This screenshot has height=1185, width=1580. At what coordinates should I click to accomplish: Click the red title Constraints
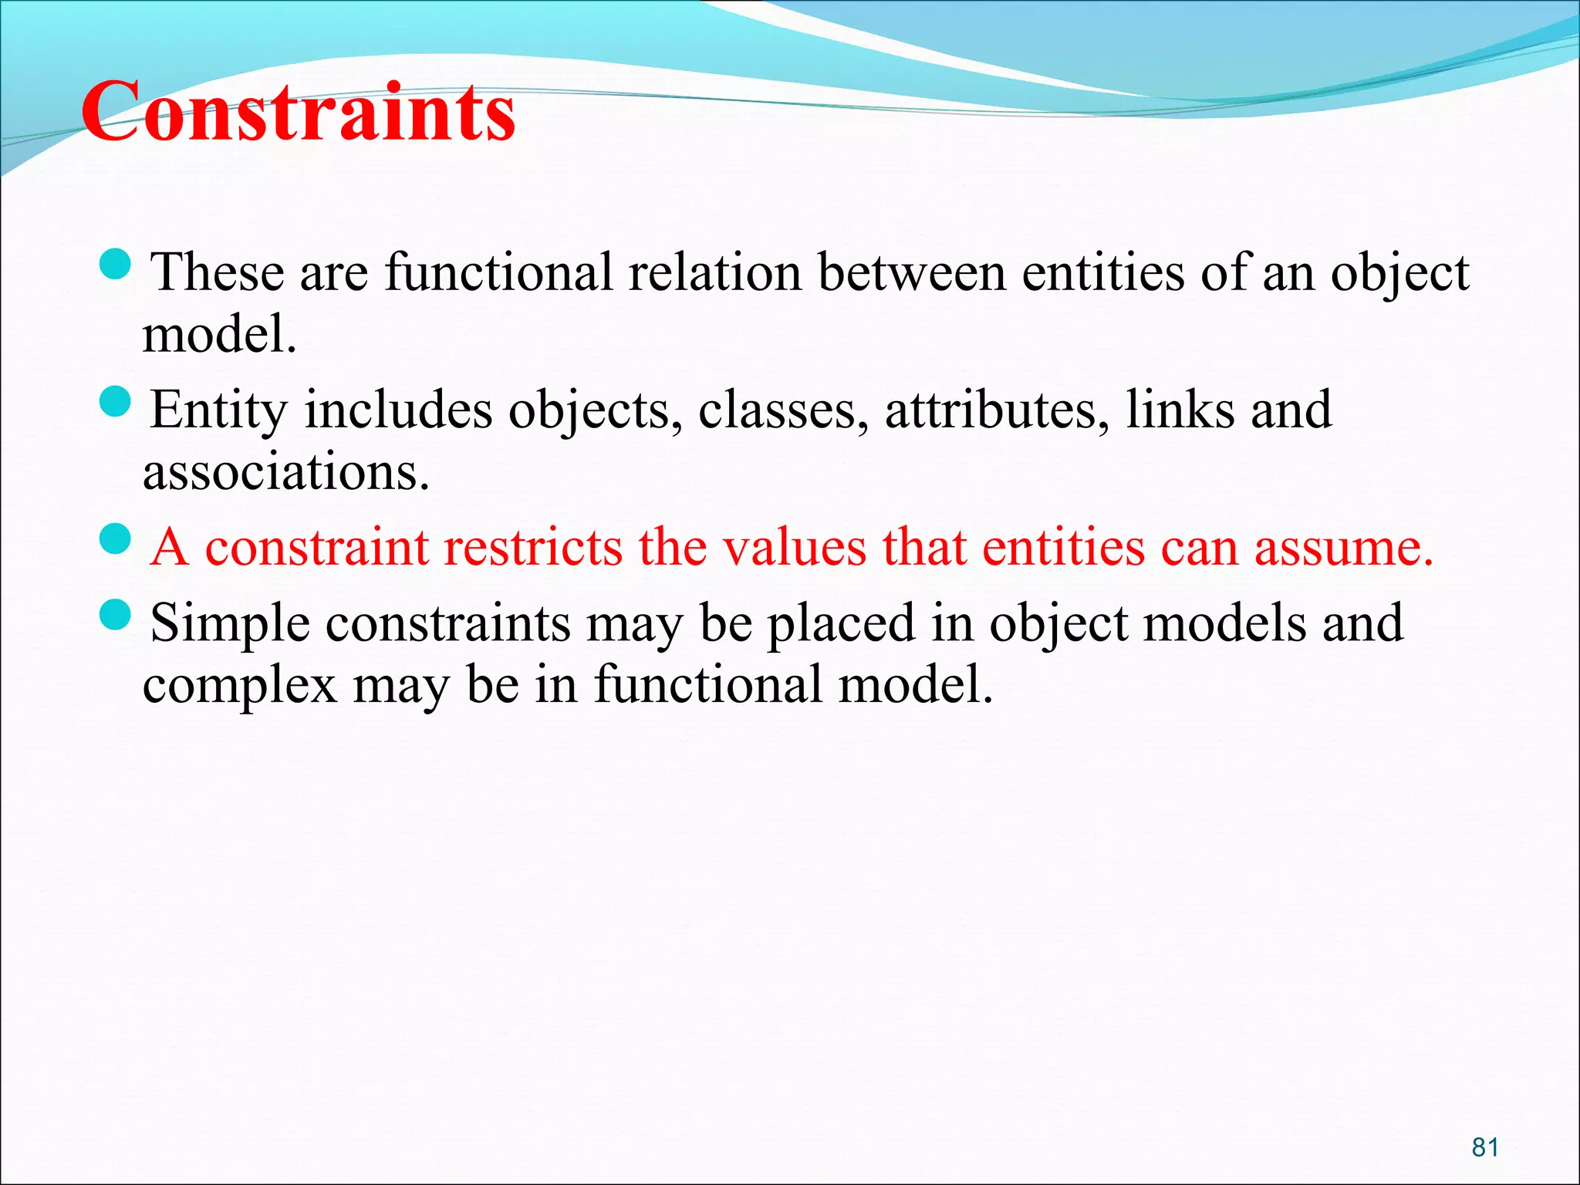coord(298,113)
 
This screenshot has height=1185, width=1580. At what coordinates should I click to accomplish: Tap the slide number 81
coord(1485,1147)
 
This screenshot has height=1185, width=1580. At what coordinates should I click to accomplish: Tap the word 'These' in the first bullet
coord(217,273)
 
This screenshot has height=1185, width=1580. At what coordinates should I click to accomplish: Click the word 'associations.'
coord(285,472)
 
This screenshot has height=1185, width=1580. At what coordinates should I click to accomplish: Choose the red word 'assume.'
coord(1343,548)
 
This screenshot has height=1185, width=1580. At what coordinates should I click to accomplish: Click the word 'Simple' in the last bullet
coord(230,623)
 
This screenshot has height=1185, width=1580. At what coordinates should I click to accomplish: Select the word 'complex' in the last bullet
coord(240,686)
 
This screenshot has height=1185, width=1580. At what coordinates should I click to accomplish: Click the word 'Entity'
coord(218,410)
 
